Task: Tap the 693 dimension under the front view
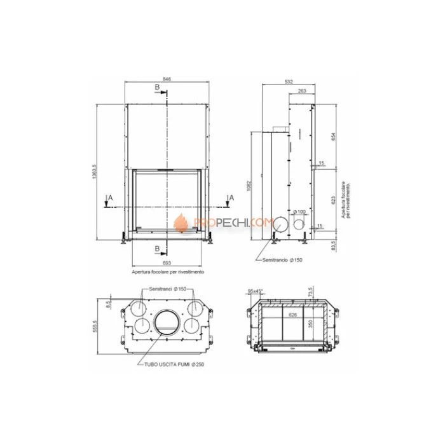pos(167,263)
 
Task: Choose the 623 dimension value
pos(332,198)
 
